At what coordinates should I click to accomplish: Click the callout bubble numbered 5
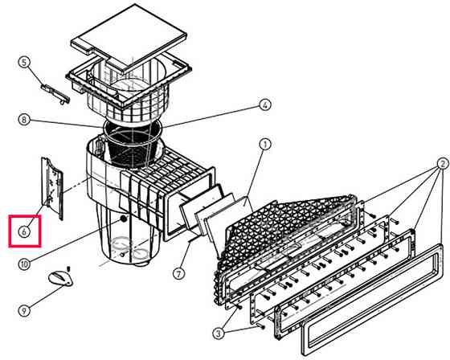24,62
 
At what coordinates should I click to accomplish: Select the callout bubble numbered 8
24,120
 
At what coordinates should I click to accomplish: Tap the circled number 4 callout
264,105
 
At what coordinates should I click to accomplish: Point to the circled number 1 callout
265,145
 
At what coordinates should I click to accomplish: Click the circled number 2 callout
442,164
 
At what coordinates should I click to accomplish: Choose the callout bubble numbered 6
24,231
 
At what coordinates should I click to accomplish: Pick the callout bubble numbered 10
24,264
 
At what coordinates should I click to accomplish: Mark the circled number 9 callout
24,311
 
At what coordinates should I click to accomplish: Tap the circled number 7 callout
178,273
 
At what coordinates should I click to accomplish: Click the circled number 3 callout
219,333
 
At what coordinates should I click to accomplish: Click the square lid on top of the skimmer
129,38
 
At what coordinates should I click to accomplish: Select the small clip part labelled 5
55,94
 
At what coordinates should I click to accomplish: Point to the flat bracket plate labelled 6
52,188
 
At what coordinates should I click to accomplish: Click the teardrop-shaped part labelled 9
60,279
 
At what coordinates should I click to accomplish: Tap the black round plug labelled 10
124,219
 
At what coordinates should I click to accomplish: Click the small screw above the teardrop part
68,268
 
